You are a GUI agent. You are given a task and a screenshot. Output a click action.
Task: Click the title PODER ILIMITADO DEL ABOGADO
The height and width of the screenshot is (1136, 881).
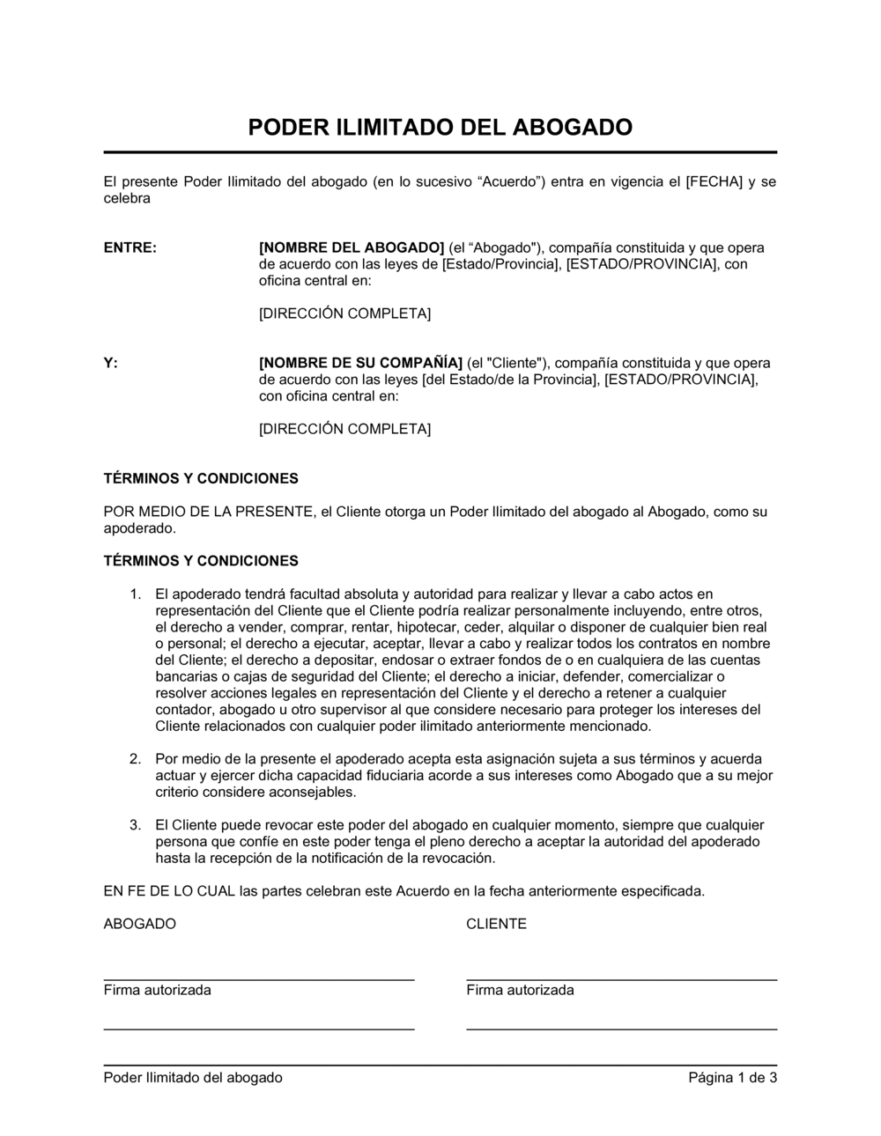coord(440,128)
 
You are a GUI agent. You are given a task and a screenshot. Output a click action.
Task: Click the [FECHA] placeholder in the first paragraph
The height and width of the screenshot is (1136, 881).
coord(714,182)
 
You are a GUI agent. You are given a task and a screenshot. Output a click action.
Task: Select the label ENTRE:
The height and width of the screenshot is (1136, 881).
coord(130,247)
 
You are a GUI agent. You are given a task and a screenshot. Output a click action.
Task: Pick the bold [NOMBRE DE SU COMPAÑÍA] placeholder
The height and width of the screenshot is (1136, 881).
coord(360,363)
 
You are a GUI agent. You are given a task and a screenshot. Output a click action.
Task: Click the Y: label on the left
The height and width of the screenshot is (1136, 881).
coord(111,363)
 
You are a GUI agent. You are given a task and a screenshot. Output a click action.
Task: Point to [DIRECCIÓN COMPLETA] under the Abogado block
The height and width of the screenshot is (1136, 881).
coord(344,314)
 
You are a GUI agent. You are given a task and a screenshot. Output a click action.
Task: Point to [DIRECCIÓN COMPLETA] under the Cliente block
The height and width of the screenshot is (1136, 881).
coord(344,429)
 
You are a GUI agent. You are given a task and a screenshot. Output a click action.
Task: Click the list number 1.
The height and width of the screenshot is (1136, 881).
coord(135,594)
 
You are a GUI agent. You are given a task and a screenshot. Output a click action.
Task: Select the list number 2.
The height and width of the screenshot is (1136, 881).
coord(135,759)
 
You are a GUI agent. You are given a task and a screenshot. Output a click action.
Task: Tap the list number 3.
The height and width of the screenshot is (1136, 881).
coord(135,825)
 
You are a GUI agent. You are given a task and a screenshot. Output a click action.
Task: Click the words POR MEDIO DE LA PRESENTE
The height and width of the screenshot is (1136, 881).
coord(207,512)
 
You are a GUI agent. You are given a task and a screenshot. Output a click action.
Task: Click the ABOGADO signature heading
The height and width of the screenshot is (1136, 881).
coord(139,924)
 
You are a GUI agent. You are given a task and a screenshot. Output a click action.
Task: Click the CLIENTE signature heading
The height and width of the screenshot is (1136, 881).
coord(496,924)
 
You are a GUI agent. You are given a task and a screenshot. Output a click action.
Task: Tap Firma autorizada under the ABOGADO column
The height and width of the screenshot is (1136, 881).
coord(157,990)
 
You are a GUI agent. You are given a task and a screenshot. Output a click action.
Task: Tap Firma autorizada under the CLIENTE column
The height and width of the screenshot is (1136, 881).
coord(520,990)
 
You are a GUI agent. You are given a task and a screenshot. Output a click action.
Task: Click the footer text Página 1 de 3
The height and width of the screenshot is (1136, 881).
coord(733,1077)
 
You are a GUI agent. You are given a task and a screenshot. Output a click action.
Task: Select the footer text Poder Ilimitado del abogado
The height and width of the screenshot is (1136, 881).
coord(193,1077)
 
